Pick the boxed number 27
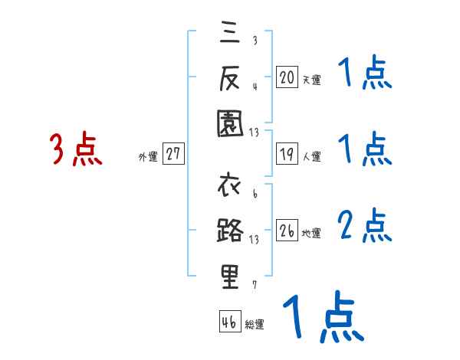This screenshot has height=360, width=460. coord(173,154)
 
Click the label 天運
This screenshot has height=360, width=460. coord(311,80)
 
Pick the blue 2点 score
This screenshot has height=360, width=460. coord(365,225)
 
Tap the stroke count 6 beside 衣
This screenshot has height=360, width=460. coord(255,195)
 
